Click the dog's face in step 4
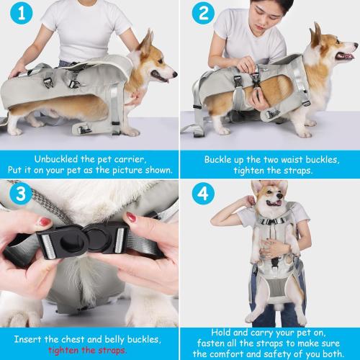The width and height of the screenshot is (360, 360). click(266, 201)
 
